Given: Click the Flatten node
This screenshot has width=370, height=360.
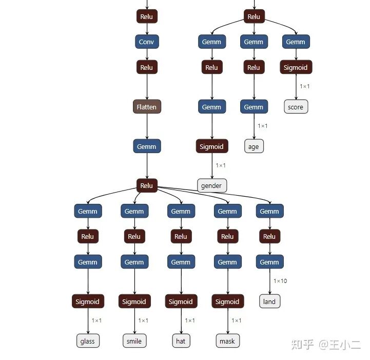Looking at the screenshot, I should point(147,107).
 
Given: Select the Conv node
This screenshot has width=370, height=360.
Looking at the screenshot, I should point(147,42).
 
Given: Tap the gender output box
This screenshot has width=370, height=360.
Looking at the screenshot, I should point(211,185).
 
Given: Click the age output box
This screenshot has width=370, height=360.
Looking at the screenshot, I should point(254,146).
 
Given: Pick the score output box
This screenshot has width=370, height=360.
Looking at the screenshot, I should point(296,107).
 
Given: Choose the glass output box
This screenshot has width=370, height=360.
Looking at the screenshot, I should point(88,341).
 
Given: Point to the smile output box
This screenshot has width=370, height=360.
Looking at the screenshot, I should point(134,341).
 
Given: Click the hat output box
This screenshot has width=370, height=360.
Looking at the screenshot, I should point(181,341).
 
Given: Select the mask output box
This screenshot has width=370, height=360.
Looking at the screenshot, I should point(227,341).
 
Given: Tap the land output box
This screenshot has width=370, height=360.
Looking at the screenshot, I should point(269,301).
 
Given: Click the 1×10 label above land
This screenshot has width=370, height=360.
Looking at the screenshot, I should point(280,281).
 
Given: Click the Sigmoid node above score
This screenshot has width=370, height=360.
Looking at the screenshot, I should point(296,67).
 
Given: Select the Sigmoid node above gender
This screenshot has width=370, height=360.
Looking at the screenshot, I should point(211,146).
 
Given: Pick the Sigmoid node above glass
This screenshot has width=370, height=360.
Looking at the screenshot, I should point(88,301).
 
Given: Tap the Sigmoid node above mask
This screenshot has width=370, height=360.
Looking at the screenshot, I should point(227,301).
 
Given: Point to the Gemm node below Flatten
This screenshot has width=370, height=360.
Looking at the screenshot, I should point(147,146).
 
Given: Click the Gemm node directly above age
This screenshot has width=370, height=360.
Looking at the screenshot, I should point(254,107).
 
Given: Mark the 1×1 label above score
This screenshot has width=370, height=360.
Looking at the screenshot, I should point(305,86).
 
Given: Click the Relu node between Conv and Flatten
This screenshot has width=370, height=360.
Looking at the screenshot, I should point(147,67).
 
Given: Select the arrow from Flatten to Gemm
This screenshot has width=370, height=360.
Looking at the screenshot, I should point(147,126).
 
